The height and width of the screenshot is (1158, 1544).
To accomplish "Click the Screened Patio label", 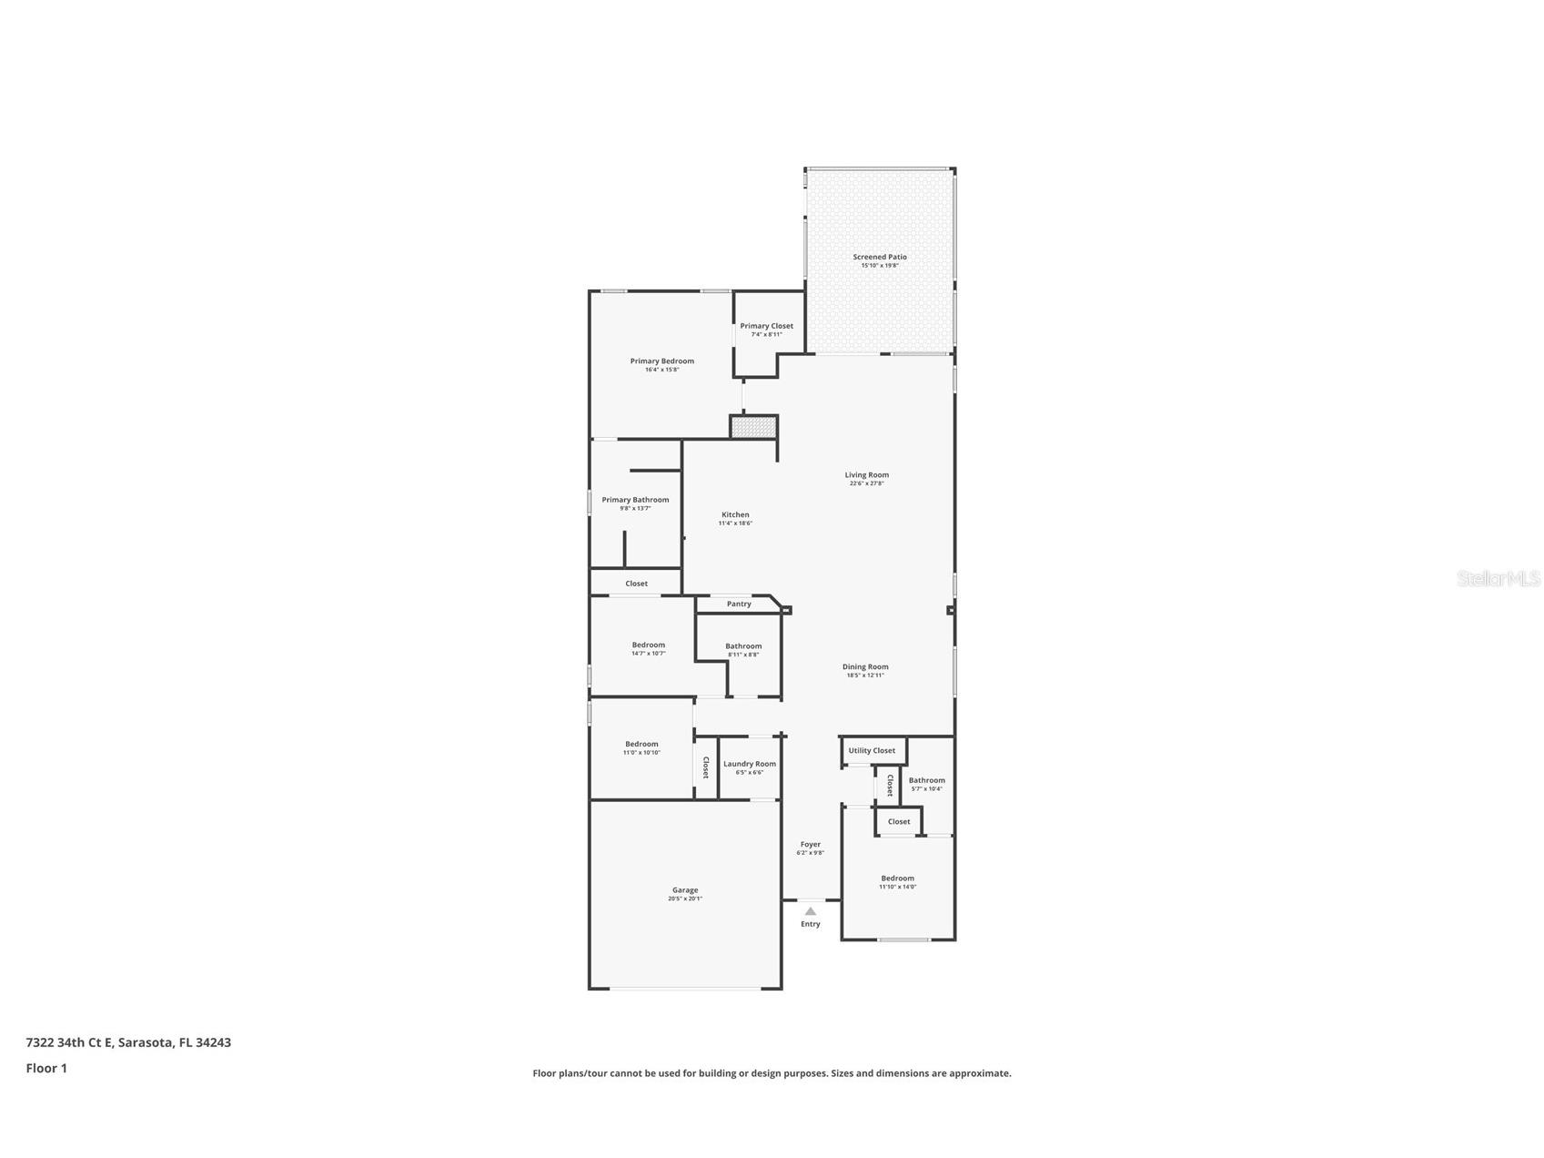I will point(879,257).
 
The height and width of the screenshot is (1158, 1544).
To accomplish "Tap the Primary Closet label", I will point(766,326).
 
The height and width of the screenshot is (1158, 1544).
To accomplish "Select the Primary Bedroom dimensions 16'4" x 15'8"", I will point(661,370).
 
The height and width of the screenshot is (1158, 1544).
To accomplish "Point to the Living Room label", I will point(866,474).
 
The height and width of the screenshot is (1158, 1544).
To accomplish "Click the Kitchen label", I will point(735,514).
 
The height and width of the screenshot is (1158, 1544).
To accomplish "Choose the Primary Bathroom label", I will point(635,500).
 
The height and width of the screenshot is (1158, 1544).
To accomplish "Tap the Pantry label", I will point(739,604).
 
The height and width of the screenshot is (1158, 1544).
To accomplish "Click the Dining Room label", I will point(864,666).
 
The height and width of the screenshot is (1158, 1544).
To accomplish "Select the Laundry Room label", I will point(750,764).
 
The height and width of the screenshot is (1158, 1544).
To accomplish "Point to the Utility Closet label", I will point(872,750).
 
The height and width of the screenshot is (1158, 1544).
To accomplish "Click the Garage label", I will point(685,890).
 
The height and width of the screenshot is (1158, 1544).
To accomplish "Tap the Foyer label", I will point(810,844).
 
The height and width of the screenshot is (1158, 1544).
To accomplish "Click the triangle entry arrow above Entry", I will point(810,911).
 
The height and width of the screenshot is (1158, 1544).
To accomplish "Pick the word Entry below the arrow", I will point(810,924).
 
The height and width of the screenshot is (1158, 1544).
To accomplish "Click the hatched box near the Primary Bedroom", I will point(753,427).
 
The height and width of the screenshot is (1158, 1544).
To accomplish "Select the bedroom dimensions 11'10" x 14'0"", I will point(897,887).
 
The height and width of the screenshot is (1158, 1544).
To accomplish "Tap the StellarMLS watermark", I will point(1498,578).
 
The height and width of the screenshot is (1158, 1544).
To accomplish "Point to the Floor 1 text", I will point(46,1068).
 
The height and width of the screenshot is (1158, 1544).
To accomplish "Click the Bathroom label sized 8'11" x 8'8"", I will point(743,646).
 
